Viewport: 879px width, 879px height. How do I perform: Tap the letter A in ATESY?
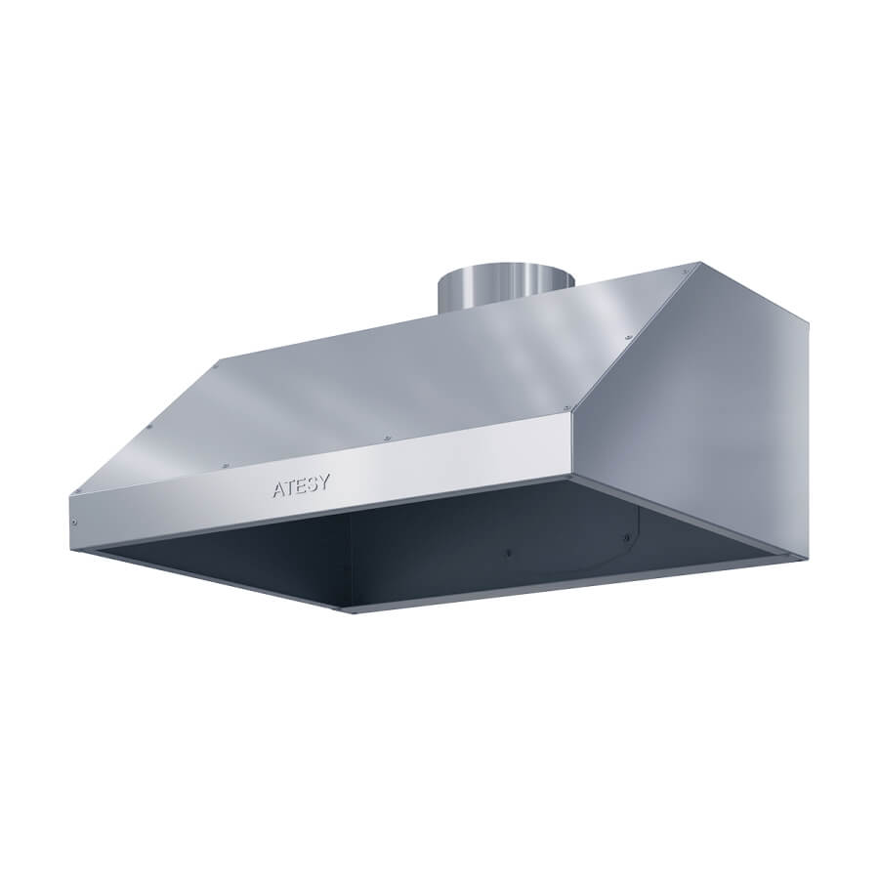click(278, 489)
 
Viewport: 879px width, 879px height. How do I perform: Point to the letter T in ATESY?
click(290, 487)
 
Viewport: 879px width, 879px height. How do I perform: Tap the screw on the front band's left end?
click(74, 523)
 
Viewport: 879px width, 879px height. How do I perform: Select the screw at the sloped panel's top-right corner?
click(685, 272)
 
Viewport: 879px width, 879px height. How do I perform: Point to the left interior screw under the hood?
click(508, 553)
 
